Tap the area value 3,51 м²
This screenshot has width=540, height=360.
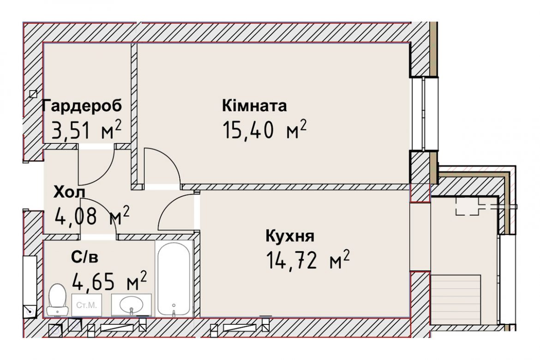point(86,130)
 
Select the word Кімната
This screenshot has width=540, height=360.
point(254,106)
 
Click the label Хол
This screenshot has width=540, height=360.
point(69,192)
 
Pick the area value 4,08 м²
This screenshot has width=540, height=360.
point(92,216)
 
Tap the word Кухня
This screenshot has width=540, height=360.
point(290,236)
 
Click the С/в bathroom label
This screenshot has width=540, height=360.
point(85,257)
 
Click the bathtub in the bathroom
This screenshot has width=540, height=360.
point(174,279)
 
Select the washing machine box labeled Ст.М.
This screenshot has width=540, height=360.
point(86,305)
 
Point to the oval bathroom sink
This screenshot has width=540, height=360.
point(131,305)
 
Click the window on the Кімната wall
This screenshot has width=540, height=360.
point(424,114)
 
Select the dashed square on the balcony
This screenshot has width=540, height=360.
point(468,206)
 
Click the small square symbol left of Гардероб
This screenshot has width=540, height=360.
point(33,94)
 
